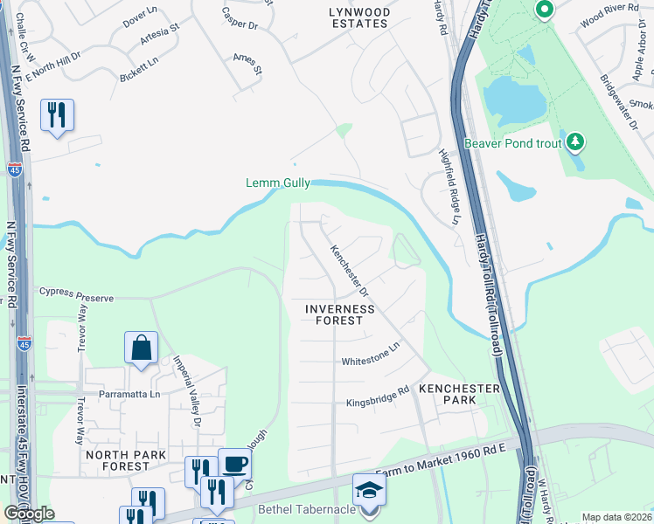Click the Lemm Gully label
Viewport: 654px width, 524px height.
point(277,183)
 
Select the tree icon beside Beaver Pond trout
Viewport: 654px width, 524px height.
point(575,141)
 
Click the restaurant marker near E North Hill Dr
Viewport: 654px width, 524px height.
point(57,114)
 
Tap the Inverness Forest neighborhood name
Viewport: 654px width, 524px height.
point(340,314)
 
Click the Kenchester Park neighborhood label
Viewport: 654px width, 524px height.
point(459,394)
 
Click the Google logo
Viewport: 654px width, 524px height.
point(29,514)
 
